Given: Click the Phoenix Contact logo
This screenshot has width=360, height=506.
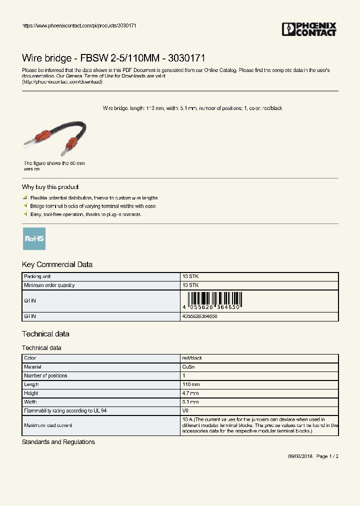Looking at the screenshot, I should (309, 29).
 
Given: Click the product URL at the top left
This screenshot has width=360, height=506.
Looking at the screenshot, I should (79, 25).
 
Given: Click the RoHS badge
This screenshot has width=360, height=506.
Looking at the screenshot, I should (34, 238).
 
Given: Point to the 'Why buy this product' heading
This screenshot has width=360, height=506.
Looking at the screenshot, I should (50, 187).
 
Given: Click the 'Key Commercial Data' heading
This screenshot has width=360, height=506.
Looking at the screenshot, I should (57, 264).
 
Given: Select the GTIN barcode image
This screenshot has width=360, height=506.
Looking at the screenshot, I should (212, 301).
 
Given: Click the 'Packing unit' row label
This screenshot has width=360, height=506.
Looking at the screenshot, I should (37, 276).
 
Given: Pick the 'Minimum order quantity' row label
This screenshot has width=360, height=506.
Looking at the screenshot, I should (49, 285).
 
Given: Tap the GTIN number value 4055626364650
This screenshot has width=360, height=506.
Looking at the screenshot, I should (200, 316).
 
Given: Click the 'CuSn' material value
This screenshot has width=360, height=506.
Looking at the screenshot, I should (188, 366).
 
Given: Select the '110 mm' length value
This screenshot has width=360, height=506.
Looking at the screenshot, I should (191, 384).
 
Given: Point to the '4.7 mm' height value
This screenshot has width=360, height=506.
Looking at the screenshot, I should (190, 393).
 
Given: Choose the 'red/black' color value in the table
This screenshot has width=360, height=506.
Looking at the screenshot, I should (192, 358).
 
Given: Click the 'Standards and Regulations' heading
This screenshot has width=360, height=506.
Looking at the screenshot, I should (58, 442).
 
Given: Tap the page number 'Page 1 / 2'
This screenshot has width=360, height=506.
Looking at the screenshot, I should (327, 456).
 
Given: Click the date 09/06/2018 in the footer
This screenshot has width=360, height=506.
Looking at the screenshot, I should (300, 456).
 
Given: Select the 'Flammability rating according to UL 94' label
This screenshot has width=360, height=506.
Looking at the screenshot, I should (65, 410).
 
